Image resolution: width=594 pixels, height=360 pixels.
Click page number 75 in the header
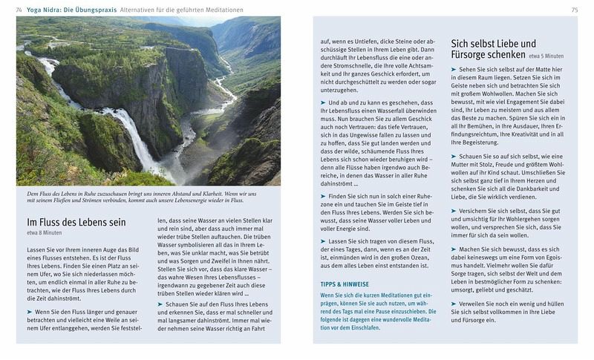coord(574,9)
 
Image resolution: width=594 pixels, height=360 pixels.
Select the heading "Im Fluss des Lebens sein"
coord(76,223)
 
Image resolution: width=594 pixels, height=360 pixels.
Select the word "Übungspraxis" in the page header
coord(95,9)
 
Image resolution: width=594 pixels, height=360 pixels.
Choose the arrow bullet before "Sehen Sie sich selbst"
coord(454,69)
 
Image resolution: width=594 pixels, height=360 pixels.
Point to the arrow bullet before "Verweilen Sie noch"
coord(454,304)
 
